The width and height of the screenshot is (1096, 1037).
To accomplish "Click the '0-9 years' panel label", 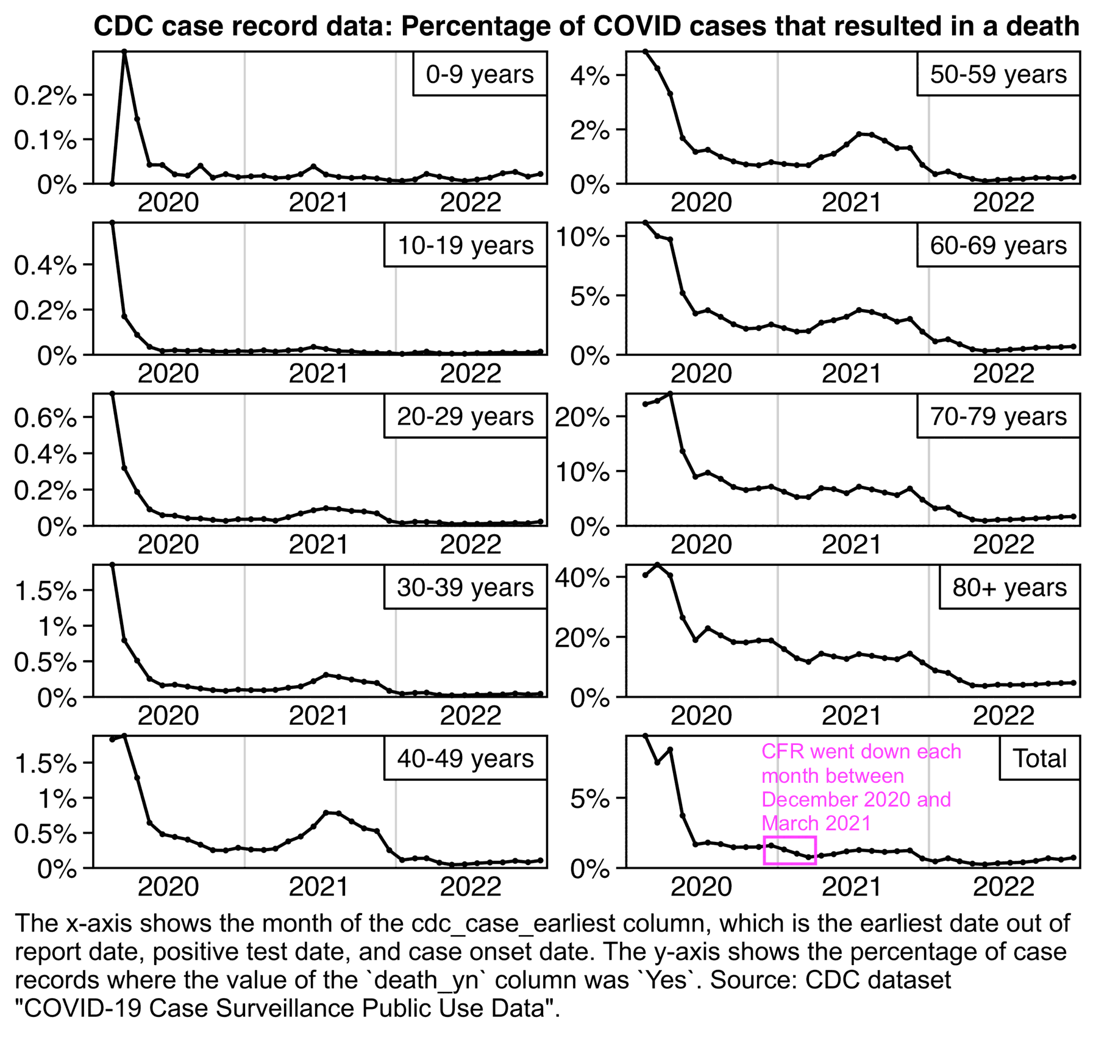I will (479, 74).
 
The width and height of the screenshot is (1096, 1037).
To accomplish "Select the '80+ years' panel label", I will (1009, 587).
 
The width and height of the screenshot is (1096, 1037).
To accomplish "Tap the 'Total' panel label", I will (1039, 758).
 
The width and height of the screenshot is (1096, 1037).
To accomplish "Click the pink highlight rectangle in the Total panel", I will (789, 850).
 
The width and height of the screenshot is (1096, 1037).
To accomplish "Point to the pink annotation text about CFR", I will (860, 787).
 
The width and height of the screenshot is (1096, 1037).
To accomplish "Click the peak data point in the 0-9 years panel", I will (124, 52).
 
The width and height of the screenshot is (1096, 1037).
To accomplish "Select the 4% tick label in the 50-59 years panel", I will (589, 76).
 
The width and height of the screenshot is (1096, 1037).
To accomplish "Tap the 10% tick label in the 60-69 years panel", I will (582, 237).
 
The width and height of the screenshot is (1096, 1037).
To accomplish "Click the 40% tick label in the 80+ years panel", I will (582, 577).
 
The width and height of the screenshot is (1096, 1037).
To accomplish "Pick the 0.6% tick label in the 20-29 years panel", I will (46, 418).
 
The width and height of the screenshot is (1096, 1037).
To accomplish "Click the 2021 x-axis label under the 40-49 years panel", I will (319, 886).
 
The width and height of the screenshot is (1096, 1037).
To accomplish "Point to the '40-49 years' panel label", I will (465, 758).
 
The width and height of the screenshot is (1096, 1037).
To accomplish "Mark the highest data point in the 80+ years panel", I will (657, 565).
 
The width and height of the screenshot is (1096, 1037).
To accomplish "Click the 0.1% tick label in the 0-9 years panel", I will (46, 140).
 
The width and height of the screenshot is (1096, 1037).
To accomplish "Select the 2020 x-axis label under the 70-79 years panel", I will (701, 544).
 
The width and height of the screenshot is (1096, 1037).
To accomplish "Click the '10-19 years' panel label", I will (465, 245).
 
